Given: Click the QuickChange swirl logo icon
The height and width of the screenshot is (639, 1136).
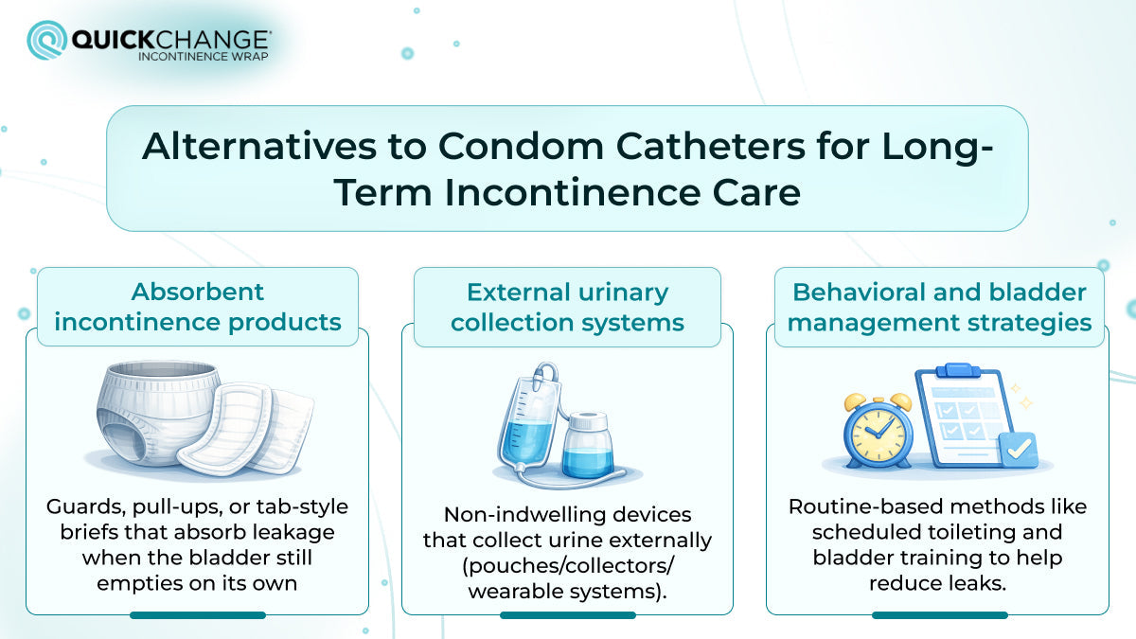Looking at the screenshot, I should (x=46, y=41).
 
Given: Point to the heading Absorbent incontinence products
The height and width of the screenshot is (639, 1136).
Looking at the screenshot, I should (x=197, y=307).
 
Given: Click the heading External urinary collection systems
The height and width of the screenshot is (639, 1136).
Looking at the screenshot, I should (x=567, y=307).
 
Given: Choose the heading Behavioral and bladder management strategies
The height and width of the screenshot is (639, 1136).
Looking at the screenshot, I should (x=939, y=307).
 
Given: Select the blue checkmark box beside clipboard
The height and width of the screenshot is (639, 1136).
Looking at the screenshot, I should (x=1017, y=451).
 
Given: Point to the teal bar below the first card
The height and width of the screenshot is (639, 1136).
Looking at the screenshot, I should (x=197, y=615).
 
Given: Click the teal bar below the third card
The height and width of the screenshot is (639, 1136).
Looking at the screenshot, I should (x=939, y=615).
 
